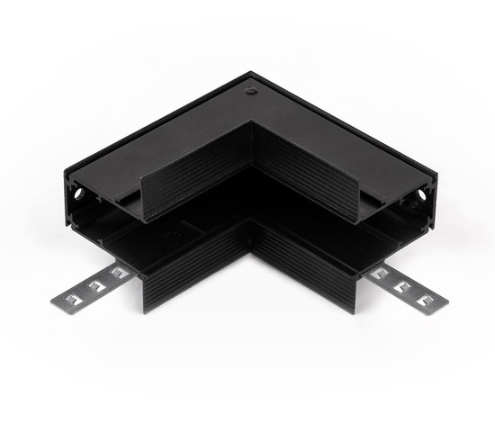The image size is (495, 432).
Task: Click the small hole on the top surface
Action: [250, 90]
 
